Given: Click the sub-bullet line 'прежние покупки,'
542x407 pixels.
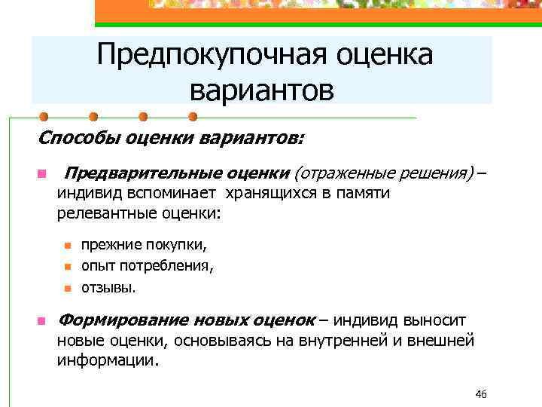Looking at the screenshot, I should tap(143, 245).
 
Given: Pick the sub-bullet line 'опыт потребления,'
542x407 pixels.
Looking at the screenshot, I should tap(148, 266).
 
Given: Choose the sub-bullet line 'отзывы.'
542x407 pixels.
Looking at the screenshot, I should tap(109, 286).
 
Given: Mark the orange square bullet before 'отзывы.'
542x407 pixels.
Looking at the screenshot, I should tap(67, 287).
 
